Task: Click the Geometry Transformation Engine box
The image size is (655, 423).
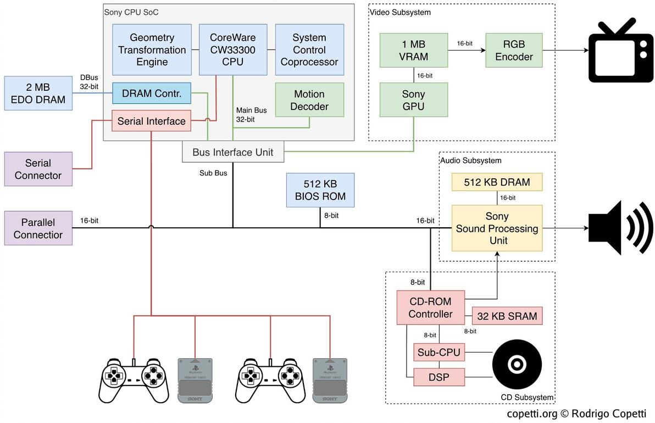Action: click(x=152, y=50)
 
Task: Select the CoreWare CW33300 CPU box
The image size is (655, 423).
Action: click(x=233, y=50)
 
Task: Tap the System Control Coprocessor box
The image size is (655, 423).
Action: click(x=309, y=50)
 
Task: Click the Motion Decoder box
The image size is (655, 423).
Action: click(x=309, y=100)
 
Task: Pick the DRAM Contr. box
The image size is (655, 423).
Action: click(x=152, y=93)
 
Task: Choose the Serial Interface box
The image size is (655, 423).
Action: click(x=152, y=121)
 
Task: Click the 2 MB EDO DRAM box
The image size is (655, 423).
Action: click(x=38, y=94)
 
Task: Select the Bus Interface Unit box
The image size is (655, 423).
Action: click(x=233, y=152)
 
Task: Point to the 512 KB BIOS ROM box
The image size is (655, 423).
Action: click(x=320, y=190)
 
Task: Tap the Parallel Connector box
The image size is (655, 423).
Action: click(x=38, y=229)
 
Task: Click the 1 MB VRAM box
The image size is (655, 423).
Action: click(x=413, y=50)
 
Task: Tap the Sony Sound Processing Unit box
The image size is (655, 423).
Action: click(x=497, y=228)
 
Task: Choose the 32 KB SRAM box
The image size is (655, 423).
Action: click(x=507, y=316)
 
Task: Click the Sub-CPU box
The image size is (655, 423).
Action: click(x=439, y=353)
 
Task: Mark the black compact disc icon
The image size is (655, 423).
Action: click(x=517, y=364)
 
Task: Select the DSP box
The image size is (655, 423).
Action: click(x=439, y=377)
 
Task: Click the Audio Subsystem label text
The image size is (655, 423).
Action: click(x=471, y=161)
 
